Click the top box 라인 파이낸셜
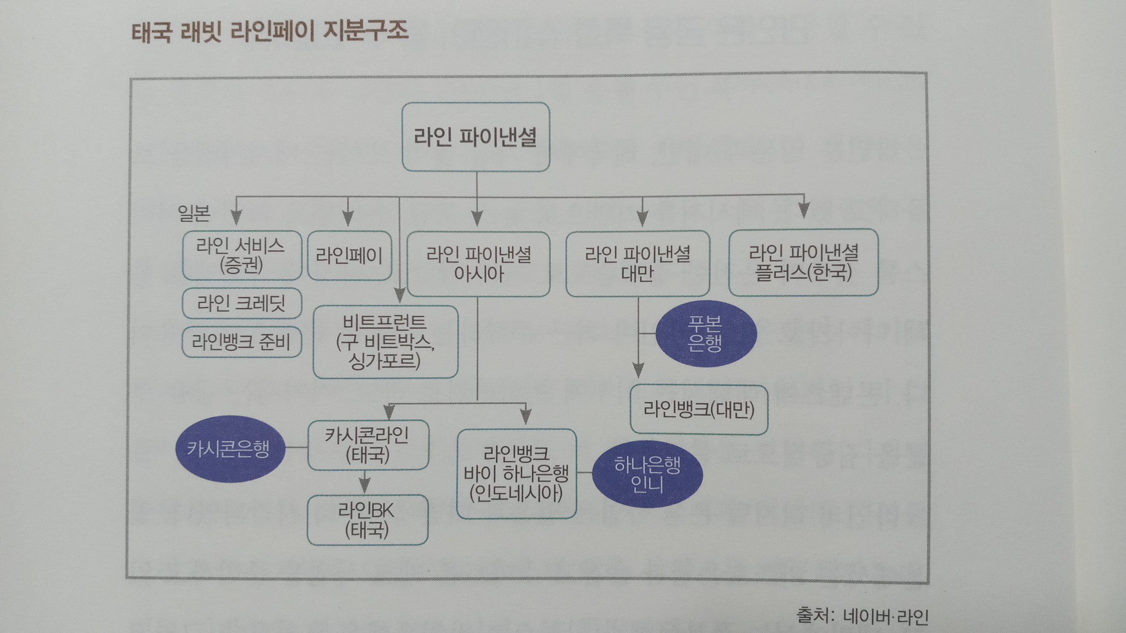475,137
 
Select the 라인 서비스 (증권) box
241,255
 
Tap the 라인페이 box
349,255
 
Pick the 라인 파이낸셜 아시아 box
478,264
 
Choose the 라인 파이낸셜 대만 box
637,264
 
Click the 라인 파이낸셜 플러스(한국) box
803,262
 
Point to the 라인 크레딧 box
241,303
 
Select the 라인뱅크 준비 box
241,342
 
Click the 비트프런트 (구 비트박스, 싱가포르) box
385,342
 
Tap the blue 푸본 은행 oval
705,334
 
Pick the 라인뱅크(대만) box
698,410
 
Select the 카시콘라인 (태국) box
368,445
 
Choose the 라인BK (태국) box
367,520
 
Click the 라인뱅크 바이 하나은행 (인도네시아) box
516,473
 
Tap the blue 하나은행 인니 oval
647,474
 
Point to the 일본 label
194,213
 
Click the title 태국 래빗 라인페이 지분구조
270,32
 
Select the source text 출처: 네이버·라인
862,616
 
